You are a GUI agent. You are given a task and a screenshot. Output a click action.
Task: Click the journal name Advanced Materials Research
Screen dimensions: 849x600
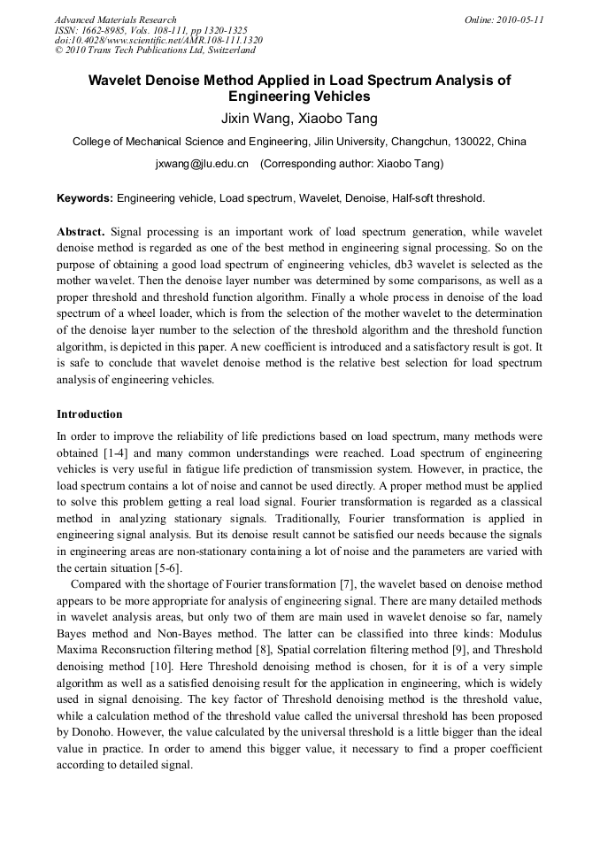coord(115,19)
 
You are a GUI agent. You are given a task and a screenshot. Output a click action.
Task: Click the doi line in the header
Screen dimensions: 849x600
coord(158,41)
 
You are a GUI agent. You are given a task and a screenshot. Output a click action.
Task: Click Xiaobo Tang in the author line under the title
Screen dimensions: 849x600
coord(341,119)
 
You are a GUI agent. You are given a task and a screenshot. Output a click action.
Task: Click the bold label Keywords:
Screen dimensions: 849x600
coord(85,198)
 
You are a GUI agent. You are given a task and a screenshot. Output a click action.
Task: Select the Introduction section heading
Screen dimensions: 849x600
coord(89,414)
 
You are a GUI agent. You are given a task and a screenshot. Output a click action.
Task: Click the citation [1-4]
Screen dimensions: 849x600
coord(117,452)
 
